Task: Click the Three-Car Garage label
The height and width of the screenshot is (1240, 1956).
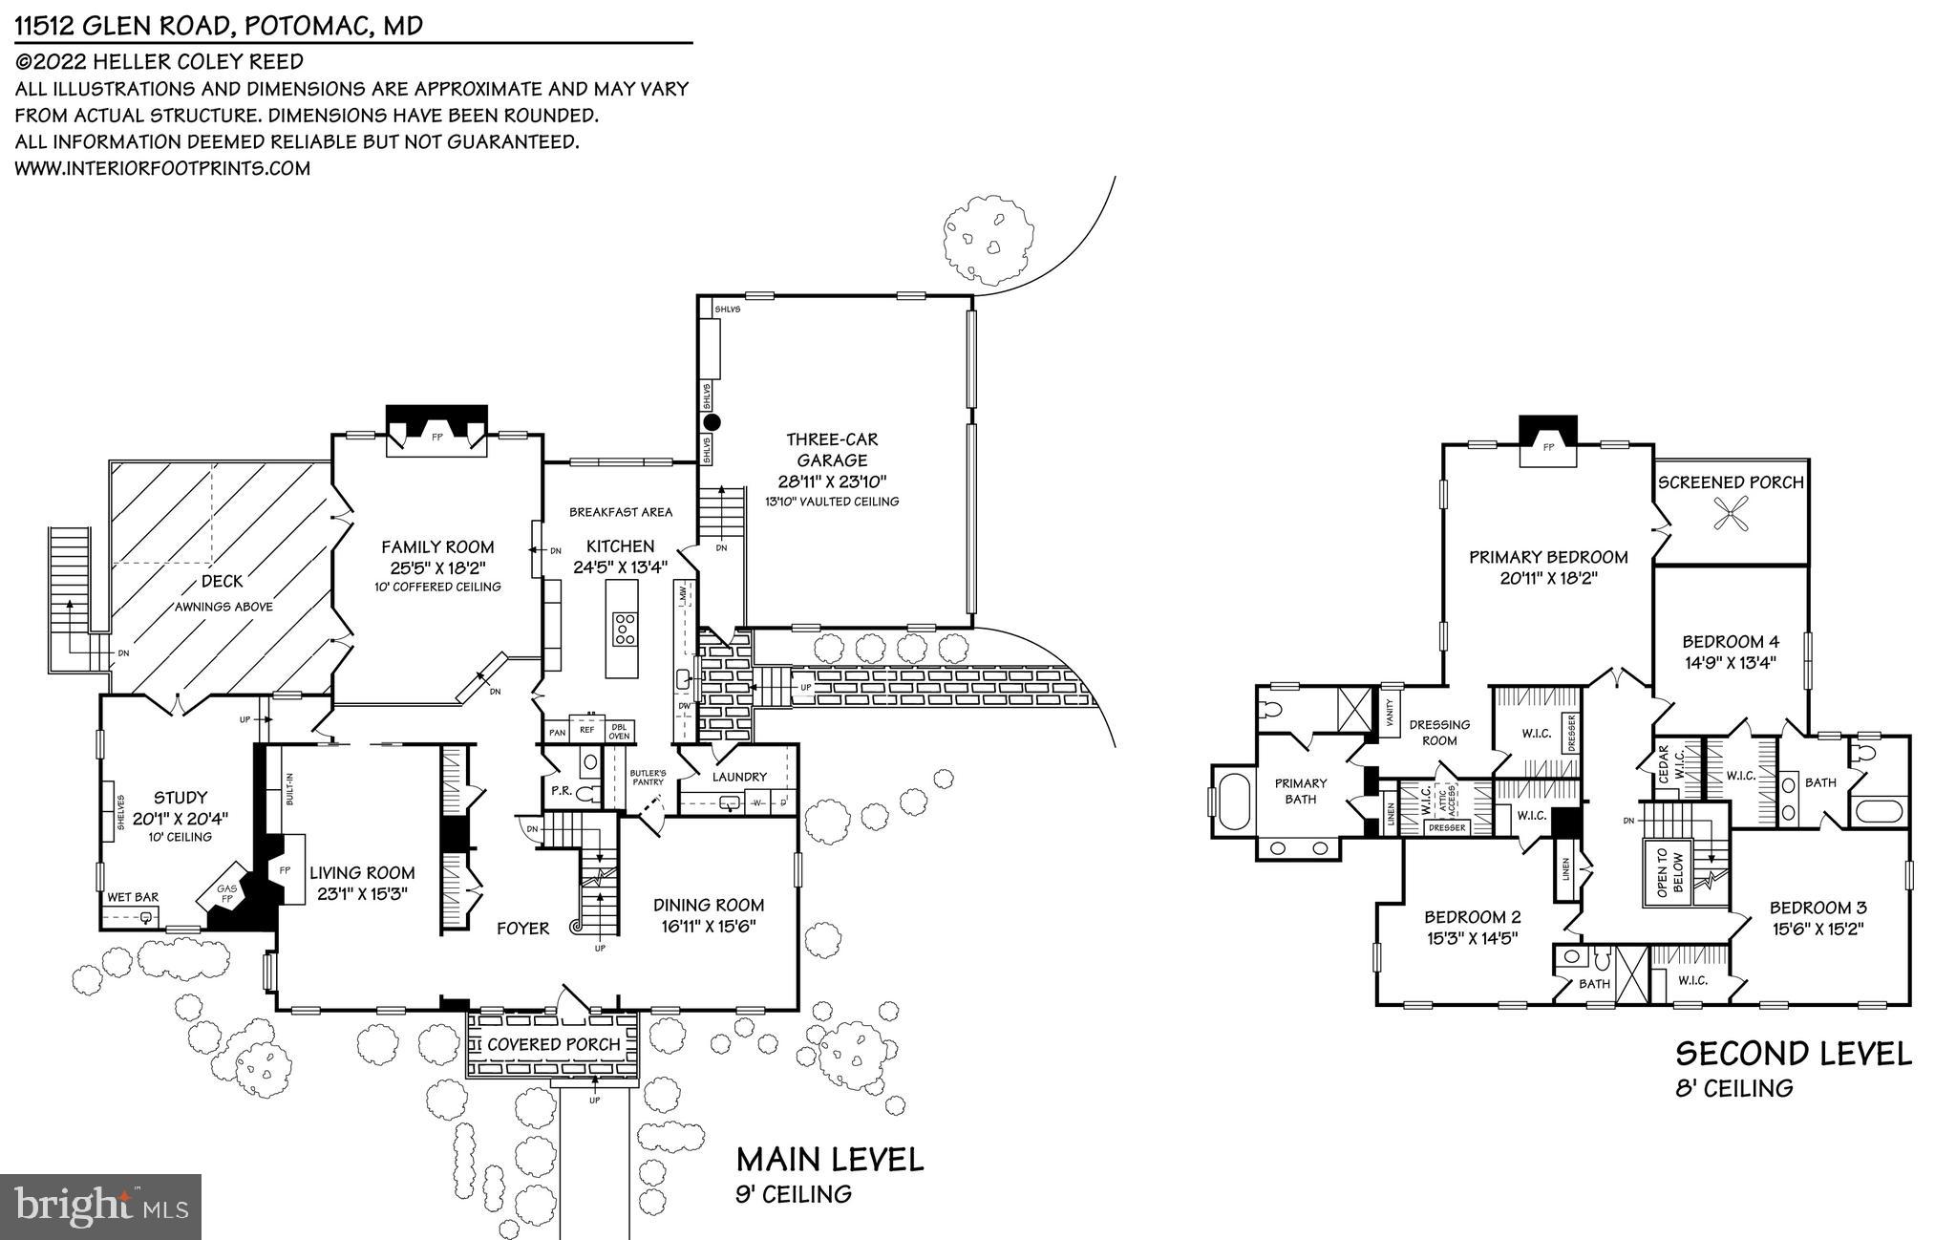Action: (831, 450)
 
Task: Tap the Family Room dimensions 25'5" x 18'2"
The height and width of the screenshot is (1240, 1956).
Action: (437, 567)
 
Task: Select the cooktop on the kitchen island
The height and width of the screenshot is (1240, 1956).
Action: (625, 630)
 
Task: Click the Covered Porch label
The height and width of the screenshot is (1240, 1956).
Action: (554, 1044)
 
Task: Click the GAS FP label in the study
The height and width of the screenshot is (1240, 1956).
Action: (227, 894)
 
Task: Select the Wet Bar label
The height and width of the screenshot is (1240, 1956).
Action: (133, 897)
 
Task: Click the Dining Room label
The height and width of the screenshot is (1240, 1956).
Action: (709, 905)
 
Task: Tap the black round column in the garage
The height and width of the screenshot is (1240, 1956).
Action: (712, 422)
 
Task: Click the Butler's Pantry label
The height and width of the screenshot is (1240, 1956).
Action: (648, 777)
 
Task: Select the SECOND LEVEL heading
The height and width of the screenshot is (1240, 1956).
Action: (1794, 1054)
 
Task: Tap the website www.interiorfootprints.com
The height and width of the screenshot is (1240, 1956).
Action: (162, 168)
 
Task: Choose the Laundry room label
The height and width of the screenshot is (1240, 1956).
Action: (739, 777)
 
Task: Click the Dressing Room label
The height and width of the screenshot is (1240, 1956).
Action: (1439, 733)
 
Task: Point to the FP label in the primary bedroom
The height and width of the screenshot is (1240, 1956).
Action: (1549, 446)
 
